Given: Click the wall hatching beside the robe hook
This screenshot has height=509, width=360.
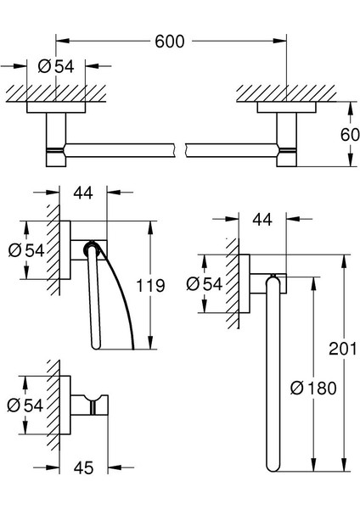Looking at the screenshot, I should click(55, 406).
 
